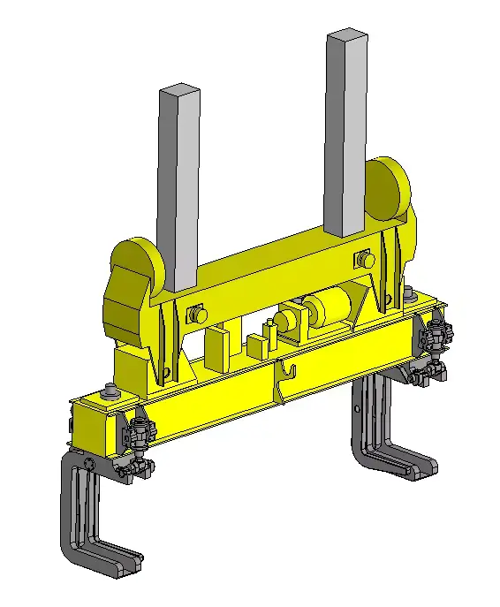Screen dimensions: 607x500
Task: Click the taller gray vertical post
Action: point(345,133)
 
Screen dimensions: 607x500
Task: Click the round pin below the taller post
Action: point(363,260)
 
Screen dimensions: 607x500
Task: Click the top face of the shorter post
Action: point(178,89)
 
